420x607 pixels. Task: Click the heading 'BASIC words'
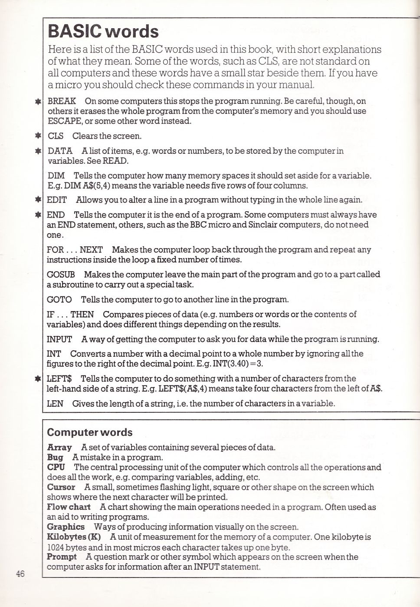coord(103,32)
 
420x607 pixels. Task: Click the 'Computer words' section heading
coord(89,432)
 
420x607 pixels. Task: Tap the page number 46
coord(20,574)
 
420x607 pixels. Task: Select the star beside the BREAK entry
coord(39,102)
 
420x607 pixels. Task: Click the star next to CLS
coord(39,136)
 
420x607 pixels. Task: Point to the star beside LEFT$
coord(39,379)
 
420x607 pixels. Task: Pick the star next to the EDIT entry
coord(39,200)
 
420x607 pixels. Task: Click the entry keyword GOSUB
coord(61,275)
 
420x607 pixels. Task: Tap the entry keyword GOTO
coord(59,300)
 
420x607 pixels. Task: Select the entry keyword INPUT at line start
coord(59,339)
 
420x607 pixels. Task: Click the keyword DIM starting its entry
coord(56,176)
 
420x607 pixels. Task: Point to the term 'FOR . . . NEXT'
coord(75,250)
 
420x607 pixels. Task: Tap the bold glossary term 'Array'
coord(59,448)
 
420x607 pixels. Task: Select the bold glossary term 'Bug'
coord(55,458)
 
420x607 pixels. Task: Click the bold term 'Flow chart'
coord(69,507)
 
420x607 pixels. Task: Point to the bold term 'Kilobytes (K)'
coord(74,537)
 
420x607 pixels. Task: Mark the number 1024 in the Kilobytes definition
coord(55,547)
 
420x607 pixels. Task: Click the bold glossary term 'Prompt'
coord(62,557)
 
